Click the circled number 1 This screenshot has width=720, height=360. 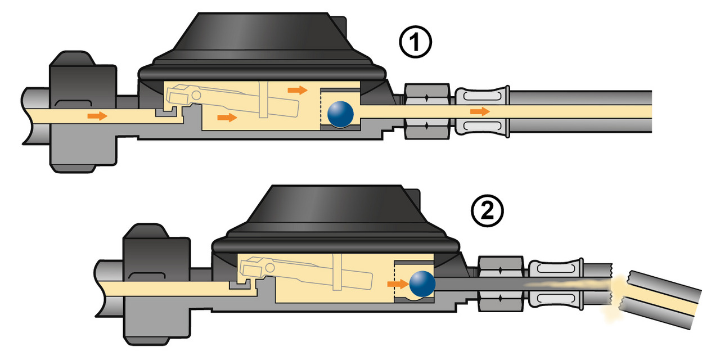pos(416,44)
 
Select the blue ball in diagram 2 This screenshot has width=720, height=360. pos(422,283)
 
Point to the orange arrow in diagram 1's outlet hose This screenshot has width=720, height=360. pos(480,111)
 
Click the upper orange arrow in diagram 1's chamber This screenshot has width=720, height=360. pos(298,89)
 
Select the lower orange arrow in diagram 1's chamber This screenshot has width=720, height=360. pos(227,117)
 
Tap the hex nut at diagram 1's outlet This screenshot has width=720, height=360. pos(427,111)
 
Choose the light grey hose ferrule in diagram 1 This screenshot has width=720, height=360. pos(482,111)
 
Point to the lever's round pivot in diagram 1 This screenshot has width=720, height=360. pos(196,94)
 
